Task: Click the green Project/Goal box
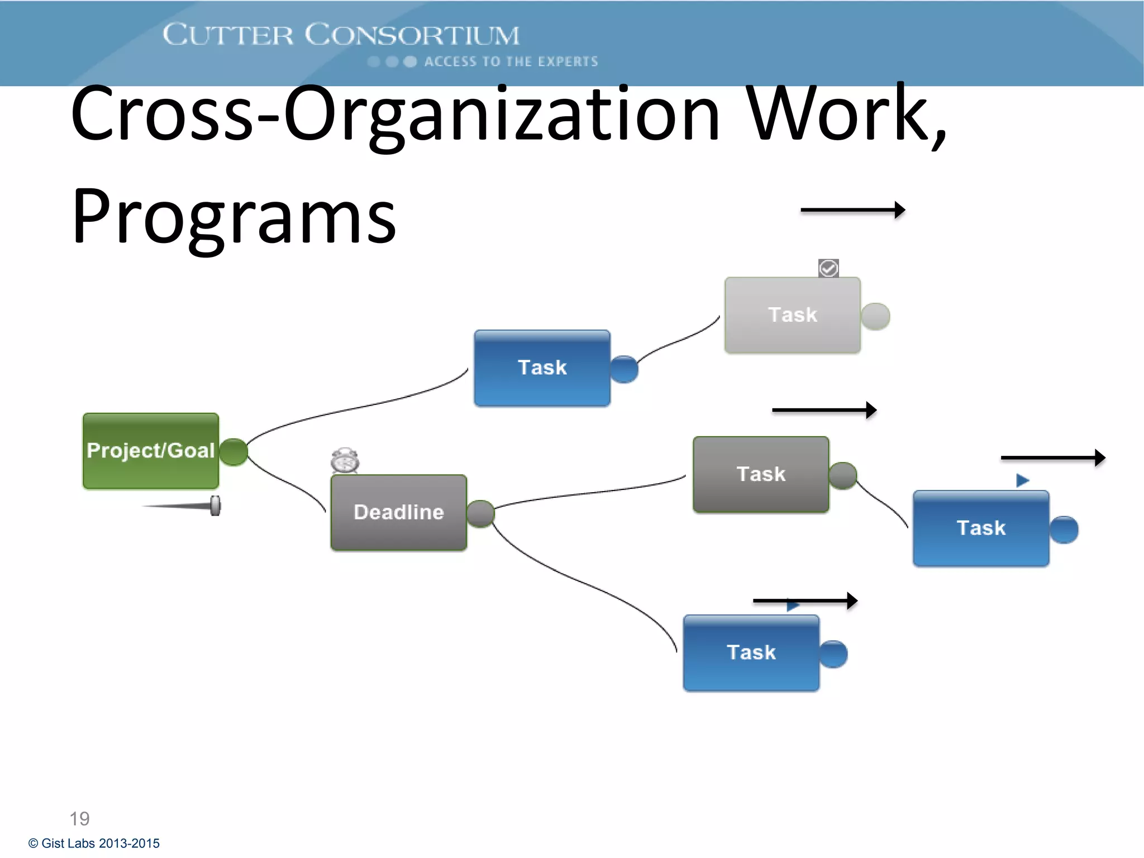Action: [150, 451]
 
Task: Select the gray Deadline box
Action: [398, 512]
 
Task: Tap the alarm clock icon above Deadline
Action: [345, 461]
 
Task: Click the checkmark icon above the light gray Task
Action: [828, 268]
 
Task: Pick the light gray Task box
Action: [792, 315]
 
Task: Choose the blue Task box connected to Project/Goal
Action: [542, 368]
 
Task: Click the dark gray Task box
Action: [761, 474]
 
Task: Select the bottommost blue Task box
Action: [751, 652]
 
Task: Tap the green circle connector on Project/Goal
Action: [233, 452]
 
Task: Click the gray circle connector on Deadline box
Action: [480, 513]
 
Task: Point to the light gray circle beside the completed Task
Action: [875, 317]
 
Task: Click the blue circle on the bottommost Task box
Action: [833, 654]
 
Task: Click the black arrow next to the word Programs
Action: [852, 211]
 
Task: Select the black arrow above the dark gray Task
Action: [824, 411]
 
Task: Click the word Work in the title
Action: [838, 115]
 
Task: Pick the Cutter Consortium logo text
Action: [341, 35]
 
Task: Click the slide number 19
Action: [79, 818]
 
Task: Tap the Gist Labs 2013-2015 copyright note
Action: [94, 843]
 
